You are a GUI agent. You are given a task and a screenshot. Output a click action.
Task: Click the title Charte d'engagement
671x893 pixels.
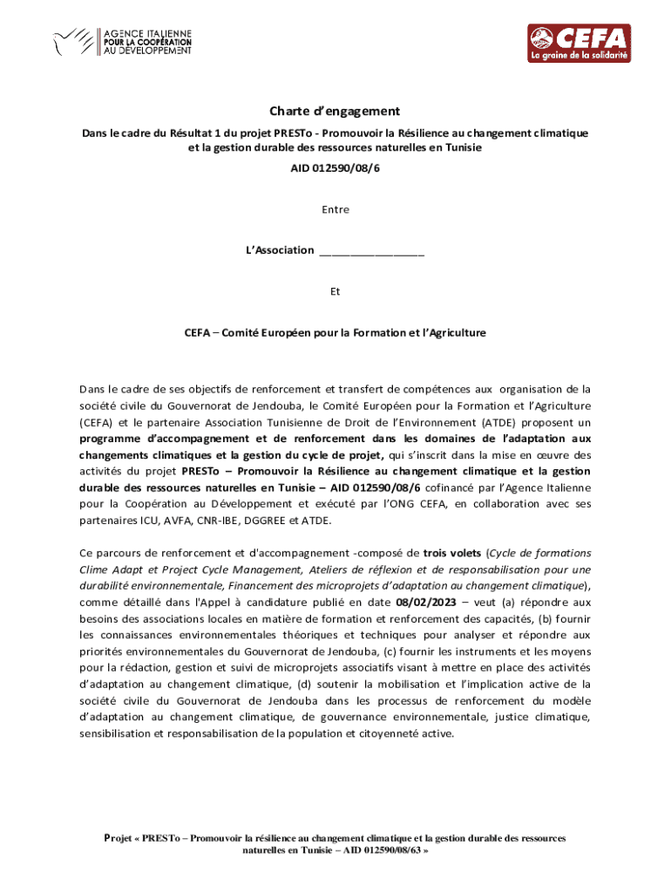pos(335,111)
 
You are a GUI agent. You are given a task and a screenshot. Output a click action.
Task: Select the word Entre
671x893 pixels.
pos(335,209)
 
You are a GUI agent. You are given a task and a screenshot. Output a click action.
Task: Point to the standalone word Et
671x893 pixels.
pos(335,292)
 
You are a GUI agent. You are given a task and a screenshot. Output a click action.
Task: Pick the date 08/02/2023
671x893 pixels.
pos(424,602)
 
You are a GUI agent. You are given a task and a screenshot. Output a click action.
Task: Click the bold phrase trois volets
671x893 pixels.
pos(453,552)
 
